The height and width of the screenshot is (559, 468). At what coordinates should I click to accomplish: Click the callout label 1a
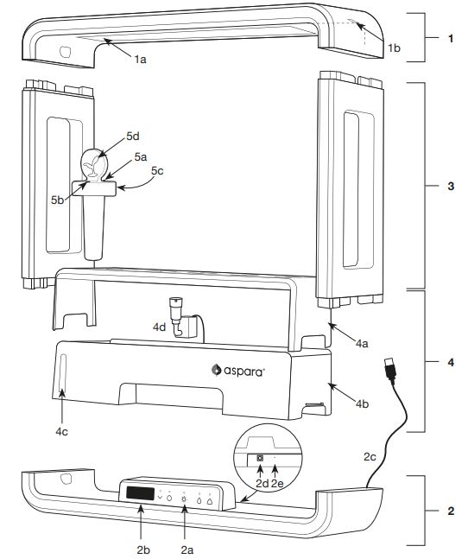click(x=141, y=59)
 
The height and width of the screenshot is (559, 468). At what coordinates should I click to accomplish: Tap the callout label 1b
click(x=394, y=48)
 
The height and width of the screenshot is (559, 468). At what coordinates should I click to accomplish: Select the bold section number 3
click(x=451, y=186)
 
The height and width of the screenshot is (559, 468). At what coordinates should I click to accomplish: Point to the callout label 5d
click(x=133, y=136)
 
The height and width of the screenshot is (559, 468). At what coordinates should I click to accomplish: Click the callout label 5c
click(x=157, y=171)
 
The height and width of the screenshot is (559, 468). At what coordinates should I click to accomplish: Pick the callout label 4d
click(x=159, y=327)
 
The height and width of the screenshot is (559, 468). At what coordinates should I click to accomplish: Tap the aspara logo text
click(x=244, y=371)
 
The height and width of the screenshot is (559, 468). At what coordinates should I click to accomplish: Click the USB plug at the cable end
click(x=390, y=370)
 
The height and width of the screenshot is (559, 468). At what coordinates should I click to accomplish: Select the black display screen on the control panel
click(x=141, y=493)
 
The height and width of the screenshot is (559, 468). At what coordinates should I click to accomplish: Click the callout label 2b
click(x=143, y=549)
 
